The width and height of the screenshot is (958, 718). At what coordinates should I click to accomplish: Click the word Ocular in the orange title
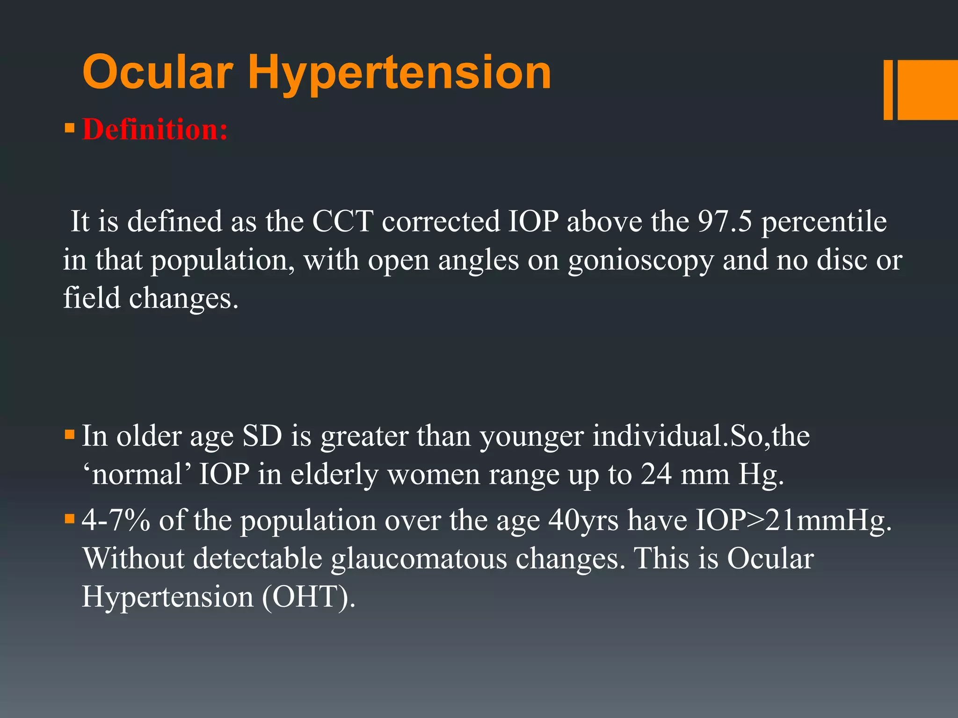coord(158,72)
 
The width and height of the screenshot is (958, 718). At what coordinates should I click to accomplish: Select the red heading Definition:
coord(155,129)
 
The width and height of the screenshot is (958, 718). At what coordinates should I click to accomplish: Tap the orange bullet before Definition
coord(70,128)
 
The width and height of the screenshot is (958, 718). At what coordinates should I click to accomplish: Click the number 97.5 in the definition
coord(725,221)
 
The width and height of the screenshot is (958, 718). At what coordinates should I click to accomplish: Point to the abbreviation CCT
coord(342,221)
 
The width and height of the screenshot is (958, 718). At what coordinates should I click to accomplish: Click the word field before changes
coord(92,298)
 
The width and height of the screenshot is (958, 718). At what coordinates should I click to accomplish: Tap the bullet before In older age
coord(70,435)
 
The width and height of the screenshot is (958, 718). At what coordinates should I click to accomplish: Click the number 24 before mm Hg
coord(656,474)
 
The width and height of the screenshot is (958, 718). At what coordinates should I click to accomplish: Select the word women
coord(434,474)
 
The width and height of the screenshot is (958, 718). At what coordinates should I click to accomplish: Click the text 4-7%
coord(116,520)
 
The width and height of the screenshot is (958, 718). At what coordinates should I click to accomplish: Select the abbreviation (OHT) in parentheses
coord(308,597)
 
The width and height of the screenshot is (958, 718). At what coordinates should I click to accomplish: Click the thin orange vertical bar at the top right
coord(888,90)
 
